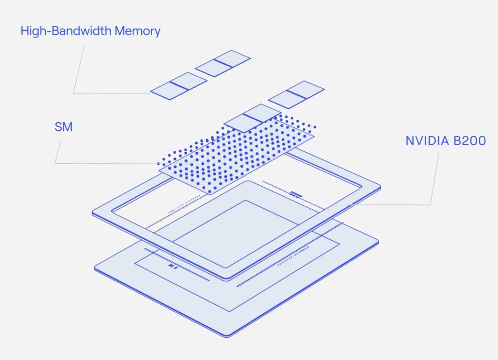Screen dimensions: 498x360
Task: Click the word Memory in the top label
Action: pos(137,31)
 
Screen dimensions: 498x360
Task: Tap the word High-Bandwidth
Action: pos(66,31)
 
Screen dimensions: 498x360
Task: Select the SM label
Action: pos(64,127)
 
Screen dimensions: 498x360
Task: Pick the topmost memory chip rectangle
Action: pos(223,64)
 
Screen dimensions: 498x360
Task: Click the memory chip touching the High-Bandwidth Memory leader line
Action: pos(179,86)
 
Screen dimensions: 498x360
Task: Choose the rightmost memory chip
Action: pos(296,94)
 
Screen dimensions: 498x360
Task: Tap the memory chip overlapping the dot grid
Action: pos(253,118)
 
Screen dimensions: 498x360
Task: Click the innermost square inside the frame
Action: pos(236,234)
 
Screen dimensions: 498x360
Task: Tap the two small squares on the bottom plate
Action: pos(173,266)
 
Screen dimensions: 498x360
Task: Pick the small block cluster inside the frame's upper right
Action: pos(296,194)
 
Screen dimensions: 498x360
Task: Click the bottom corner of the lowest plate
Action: pos(226,336)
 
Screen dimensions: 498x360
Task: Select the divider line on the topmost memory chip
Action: pos(223,64)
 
